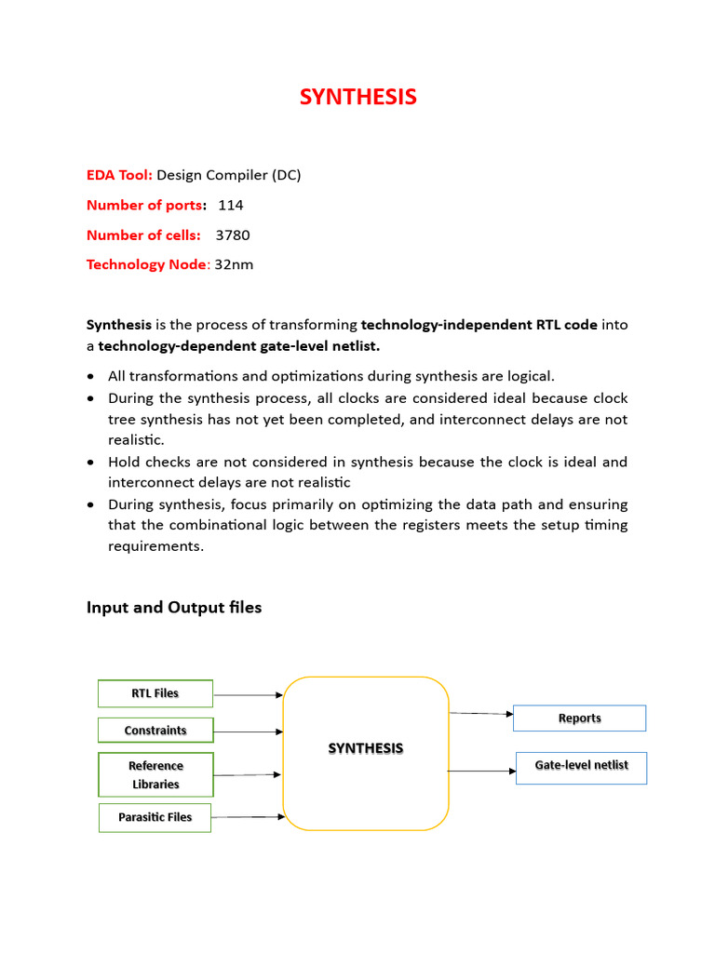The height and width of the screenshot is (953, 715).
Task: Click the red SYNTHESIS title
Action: click(x=357, y=97)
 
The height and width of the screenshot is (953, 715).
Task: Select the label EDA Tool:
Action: click(x=119, y=175)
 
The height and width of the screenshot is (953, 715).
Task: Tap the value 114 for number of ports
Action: click(x=231, y=205)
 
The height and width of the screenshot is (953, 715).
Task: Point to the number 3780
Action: click(x=233, y=235)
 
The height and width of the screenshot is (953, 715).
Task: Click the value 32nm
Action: click(x=234, y=264)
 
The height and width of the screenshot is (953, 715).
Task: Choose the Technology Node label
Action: click(x=148, y=264)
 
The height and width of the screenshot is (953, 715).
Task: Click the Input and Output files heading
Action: click(x=174, y=608)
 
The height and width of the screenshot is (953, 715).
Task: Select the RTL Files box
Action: click(x=155, y=693)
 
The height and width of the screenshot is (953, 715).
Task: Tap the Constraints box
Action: click(x=155, y=731)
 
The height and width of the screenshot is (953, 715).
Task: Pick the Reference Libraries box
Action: click(x=155, y=775)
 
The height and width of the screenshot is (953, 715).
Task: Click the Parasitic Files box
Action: click(x=155, y=817)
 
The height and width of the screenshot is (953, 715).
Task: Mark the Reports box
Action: click(x=579, y=718)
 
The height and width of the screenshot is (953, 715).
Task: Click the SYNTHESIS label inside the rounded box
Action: click(x=365, y=748)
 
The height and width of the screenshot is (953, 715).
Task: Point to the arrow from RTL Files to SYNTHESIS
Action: click(x=248, y=694)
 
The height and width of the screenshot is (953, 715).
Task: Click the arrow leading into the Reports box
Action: click(x=481, y=714)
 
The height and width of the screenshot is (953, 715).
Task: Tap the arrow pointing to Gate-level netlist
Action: click(x=481, y=771)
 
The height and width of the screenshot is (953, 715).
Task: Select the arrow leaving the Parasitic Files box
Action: click(x=248, y=817)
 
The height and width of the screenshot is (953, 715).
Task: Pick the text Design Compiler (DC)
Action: click(x=228, y=175)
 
